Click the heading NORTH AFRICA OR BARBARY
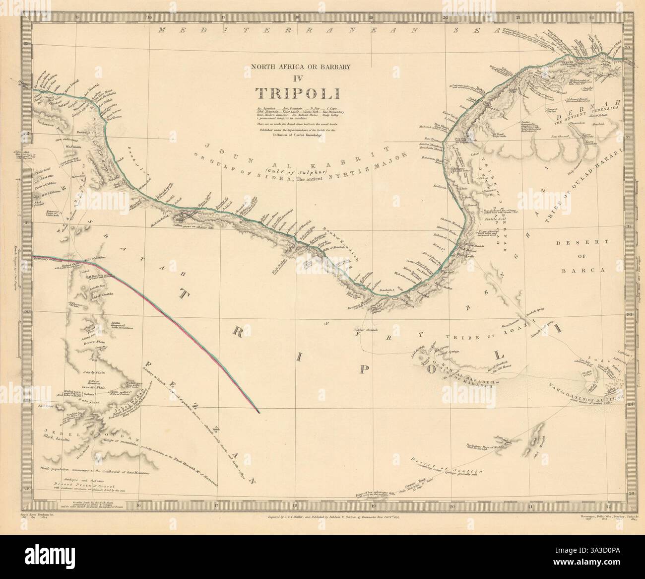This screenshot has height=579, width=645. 297,66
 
